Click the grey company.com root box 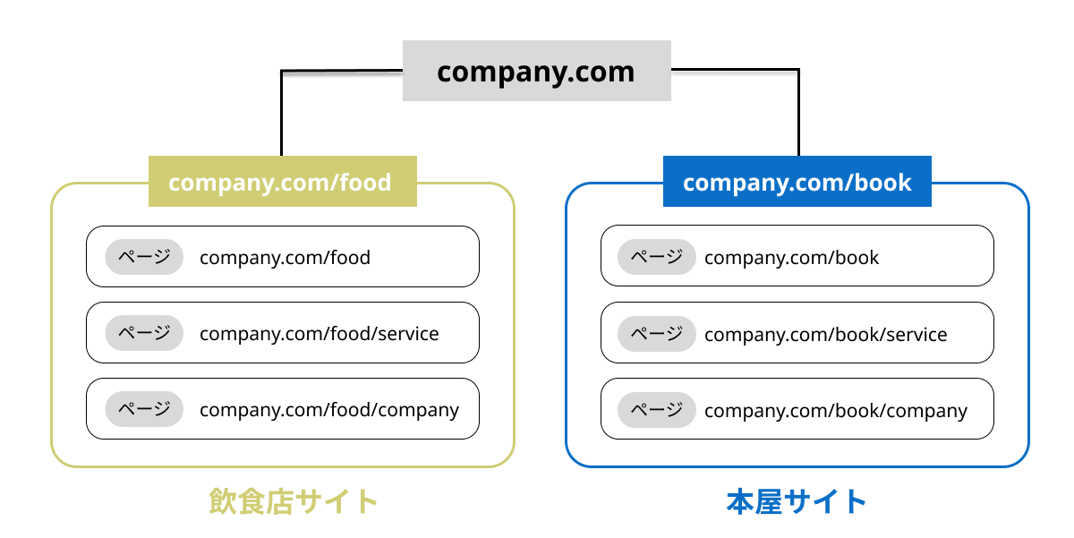[x=536, y=71]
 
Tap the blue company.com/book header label [x=797, y=182]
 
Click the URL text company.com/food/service [x=319, y=334]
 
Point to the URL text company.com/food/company [x=328, y=410]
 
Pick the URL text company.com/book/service [x=825, y=335]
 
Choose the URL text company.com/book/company [x=835, y=411]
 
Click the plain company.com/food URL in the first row [x=285, y=258]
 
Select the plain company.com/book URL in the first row [x=791, y=258]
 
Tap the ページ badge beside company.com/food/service [x=144, y=333]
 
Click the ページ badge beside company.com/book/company [x=656, y=410]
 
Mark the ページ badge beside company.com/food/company [x=144, y=409]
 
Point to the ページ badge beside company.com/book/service [x=656, y=334]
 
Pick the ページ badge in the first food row [x=144, y=257]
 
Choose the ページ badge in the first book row [x=656, y=257]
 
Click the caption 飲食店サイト [x=294, y=501]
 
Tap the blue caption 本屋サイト [x=796, y=501]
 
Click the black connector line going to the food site [x=282, y=112]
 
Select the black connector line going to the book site [x=798, y=112]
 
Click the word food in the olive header [x=364, y=182]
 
